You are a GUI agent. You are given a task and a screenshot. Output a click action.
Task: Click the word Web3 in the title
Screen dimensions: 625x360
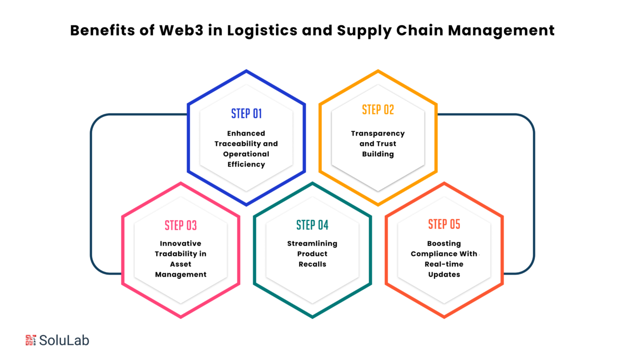point(181,30)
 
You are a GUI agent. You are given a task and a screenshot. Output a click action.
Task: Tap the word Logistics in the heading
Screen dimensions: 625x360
point(262,31)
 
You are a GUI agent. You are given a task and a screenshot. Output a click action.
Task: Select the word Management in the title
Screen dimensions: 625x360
point(501,31)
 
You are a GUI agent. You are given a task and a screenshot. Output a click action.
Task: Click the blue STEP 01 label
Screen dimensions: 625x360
point(246,114)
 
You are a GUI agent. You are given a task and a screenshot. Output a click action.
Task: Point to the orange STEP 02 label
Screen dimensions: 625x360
point(378,110)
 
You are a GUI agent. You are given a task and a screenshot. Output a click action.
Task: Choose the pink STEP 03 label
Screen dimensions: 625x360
point(181,226)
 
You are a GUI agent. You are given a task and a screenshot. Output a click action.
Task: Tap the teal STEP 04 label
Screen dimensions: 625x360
point(312,225)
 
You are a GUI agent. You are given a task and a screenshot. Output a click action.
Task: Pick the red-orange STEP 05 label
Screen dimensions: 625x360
point(444,224)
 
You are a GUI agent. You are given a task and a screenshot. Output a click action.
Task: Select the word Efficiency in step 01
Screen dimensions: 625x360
point(246,165)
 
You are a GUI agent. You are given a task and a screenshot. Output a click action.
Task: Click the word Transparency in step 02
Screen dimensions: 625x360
point(378,134)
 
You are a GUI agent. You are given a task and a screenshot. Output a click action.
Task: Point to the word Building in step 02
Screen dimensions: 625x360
point(378,154)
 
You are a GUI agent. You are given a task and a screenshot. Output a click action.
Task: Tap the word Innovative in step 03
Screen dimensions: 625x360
point(181,243)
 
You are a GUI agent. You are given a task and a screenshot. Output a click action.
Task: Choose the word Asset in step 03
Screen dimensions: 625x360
point(181,264)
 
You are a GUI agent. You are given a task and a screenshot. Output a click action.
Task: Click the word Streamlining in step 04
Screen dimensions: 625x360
point(312,244)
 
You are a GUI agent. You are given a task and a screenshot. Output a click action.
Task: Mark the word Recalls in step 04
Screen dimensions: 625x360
point(312,264)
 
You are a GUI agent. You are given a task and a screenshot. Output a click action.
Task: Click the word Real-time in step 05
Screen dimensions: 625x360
point(444,264)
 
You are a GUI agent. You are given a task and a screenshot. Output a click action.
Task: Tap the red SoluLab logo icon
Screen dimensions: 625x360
point(31,340)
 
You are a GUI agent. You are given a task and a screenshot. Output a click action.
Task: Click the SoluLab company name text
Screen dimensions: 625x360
point(64,340)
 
